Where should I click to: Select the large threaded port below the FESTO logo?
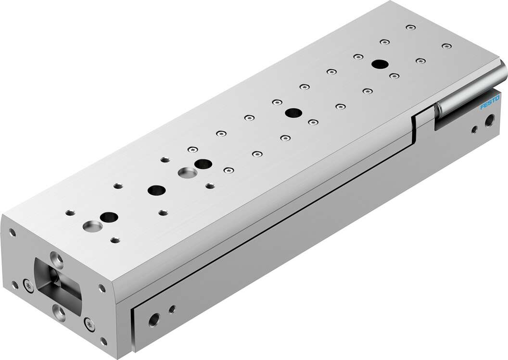click(x=490, y=118)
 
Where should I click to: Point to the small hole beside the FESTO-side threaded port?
click(x=474, y=128)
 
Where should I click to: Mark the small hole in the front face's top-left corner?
click(x=13, y=232)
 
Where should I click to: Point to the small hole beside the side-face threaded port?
click(x=172, y=308)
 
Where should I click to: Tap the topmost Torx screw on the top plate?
click(x=409, y=28)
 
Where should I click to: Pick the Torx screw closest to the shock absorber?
click(x=446, y=46)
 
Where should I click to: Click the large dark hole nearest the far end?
click(x=380, y=64)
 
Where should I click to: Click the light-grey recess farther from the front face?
click(x=185, y=172)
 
